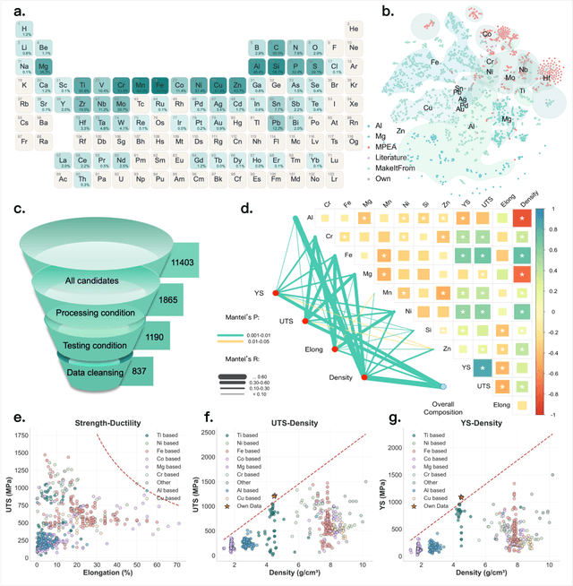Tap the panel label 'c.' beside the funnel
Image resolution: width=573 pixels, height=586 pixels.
click(x=21, y=209)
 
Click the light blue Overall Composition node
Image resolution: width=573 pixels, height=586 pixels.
click(x=443, y=386)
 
